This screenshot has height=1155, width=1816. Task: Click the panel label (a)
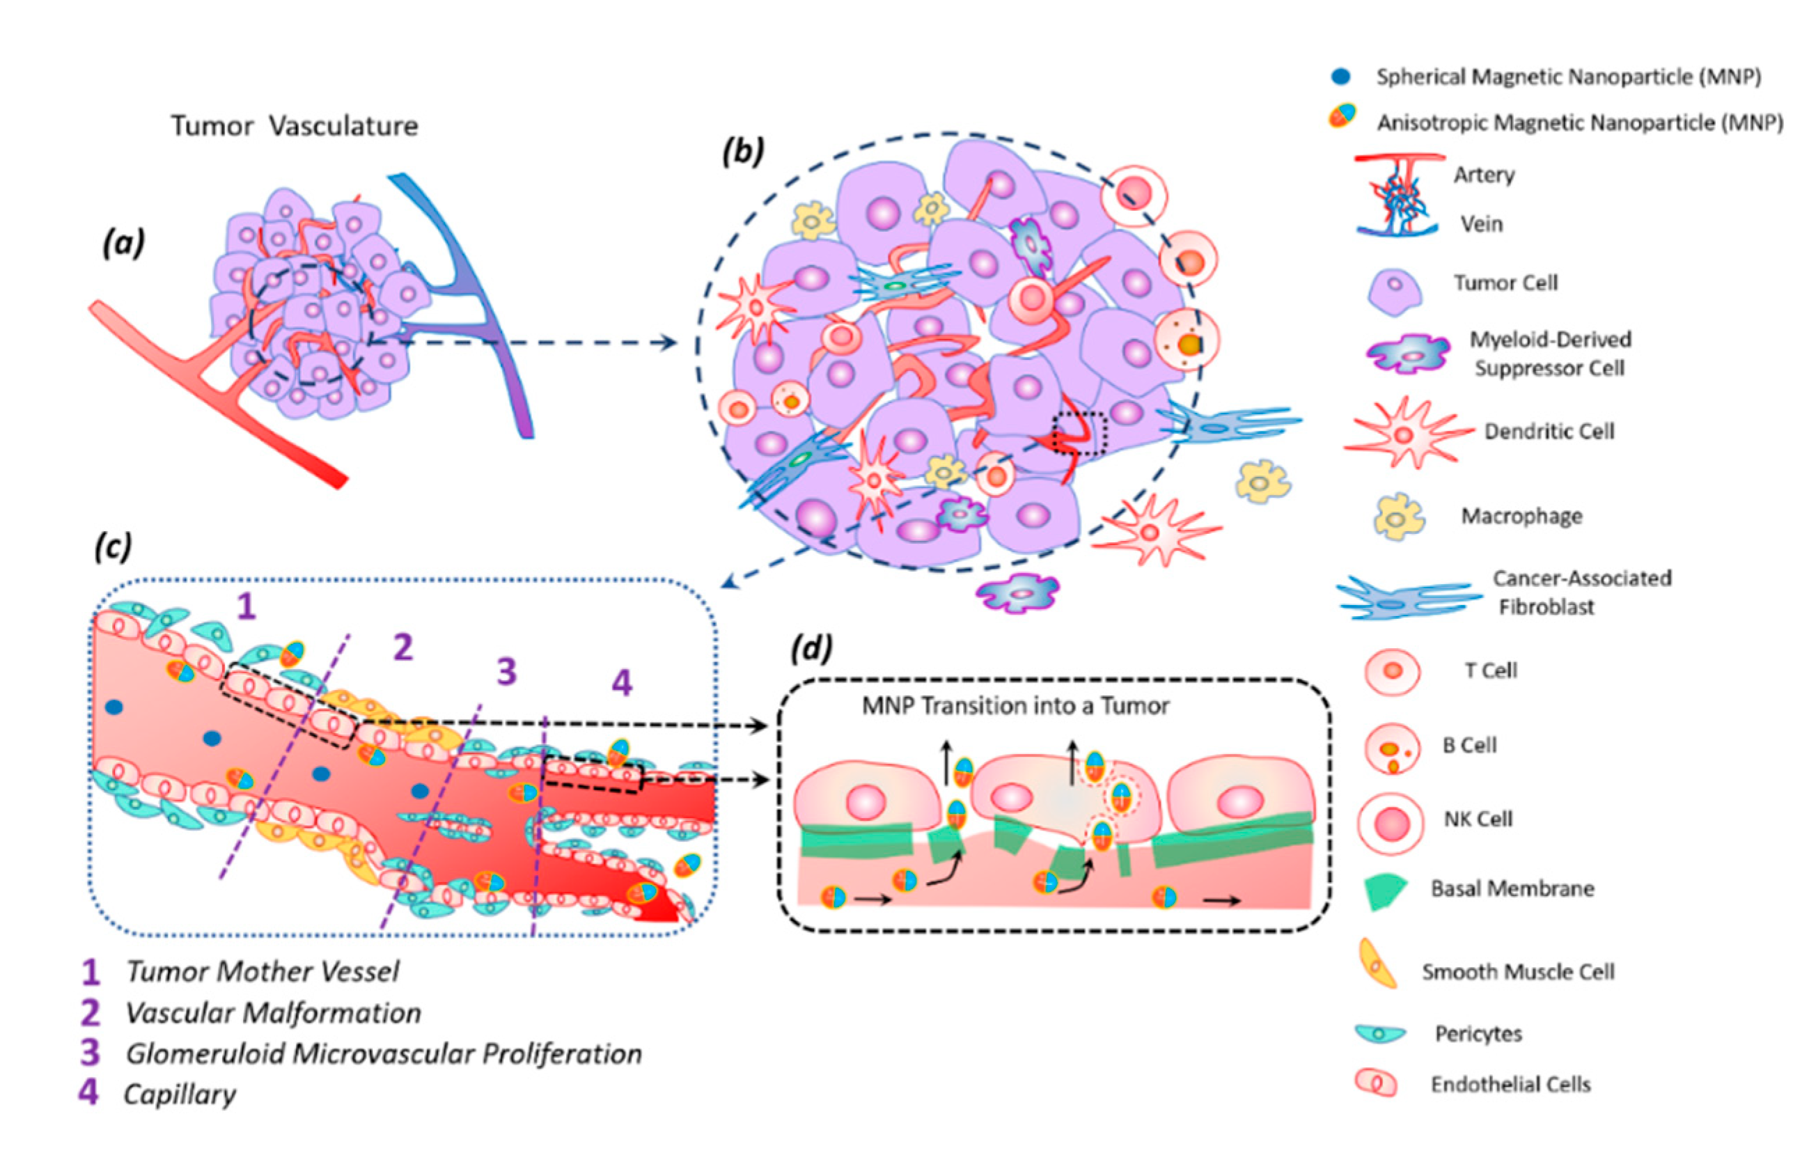(x=124, y=244)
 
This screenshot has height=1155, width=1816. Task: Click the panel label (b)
(x=743, y=152)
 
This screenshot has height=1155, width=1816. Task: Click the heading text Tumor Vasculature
(x=294, y=126)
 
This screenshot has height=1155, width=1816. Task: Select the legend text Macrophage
(x=1521, y=517)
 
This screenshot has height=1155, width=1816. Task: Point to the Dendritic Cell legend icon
(x=1404, y=434)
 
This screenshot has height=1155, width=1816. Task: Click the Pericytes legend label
(x=1478, y=1034)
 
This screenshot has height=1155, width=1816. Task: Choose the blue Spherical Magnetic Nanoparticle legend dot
(x=1341, y=76)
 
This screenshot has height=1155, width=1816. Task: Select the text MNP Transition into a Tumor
(x=1015, y=707)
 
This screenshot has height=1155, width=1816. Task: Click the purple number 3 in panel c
(x=506, y=670)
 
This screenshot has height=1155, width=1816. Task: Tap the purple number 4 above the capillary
(x=620, y=683)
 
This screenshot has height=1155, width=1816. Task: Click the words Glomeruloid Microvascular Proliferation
(x=383, y=1053)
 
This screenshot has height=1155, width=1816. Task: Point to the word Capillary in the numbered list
(x=180, y=1094)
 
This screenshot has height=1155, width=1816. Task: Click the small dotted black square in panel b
(x=1079, y=433)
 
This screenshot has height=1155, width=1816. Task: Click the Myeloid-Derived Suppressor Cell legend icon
(x=1407, y=354)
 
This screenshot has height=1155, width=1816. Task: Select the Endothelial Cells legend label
(x=1510, y=1085)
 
